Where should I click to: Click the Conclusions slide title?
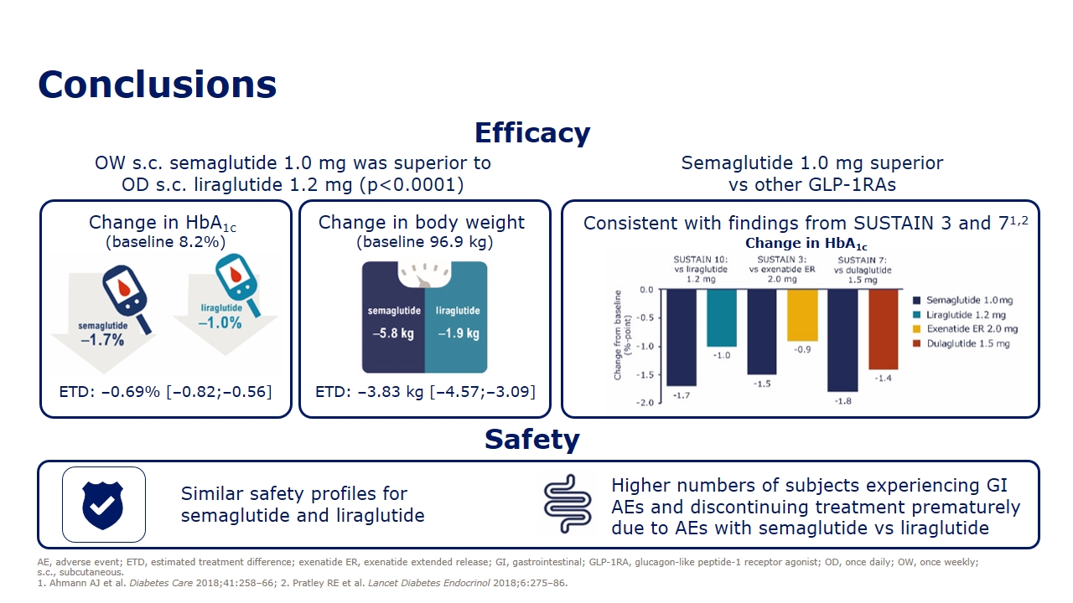(x=157, y=85)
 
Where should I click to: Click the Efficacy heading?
(x=532, y=132)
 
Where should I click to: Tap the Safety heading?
(x=532, y=439)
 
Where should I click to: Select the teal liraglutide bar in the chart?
(x=722, y=317)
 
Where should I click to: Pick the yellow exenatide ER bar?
(x=802, y=315)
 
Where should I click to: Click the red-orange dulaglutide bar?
(x=884, y=329)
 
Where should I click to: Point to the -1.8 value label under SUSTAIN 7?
(x=843, y=401)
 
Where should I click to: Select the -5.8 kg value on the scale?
(x=393, y=333)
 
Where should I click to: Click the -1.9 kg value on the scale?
(x=459, y=333)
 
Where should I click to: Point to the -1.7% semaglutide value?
(x=102, y=340)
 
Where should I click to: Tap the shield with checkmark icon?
(x=103, y=505)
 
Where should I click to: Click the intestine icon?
(x=568, y=504)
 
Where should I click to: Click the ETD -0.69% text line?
(x=165, y=392)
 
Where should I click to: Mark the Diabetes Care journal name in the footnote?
(x=161, y=584)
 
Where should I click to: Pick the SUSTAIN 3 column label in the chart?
(x=782, y=270)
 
